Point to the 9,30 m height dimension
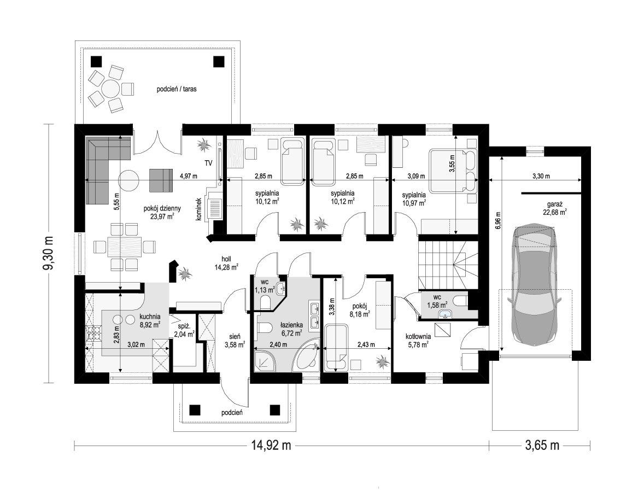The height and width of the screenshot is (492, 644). [49, 254]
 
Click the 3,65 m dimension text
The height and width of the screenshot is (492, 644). [542, 445]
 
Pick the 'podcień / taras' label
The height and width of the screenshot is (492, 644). [177, 89]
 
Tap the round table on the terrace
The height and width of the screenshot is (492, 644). [111, 89]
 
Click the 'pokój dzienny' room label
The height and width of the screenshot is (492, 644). [162, 209]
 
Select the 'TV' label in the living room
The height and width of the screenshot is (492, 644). [209, 163]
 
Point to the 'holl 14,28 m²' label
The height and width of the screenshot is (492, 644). [226, 263]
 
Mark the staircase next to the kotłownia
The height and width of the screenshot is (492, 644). [448, 265]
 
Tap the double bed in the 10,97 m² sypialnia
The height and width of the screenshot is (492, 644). [454, 171]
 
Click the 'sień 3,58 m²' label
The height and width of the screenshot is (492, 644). [235, 339]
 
